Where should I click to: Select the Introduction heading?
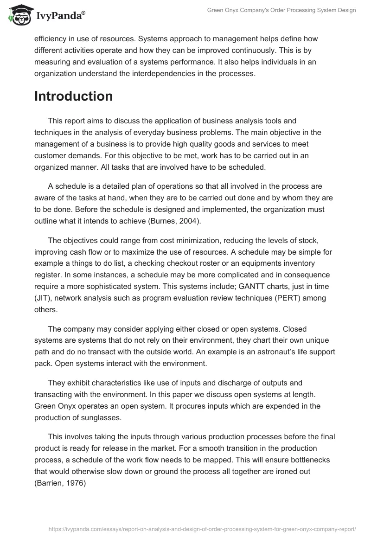(73, 96)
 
